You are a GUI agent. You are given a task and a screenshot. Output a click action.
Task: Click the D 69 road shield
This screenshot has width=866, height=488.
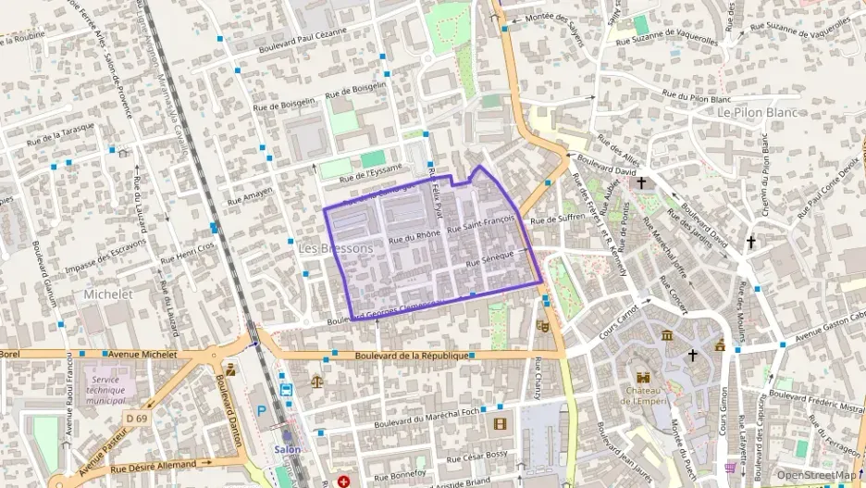(135, 419)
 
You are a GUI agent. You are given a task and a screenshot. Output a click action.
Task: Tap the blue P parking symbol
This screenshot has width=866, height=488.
(262, 410)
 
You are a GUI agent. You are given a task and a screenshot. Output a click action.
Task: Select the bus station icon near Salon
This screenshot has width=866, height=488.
(286, 390)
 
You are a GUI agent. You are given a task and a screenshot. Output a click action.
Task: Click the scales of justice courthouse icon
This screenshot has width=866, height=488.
(317, 380)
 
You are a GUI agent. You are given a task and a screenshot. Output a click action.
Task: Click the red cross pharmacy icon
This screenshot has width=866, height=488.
(343, 482)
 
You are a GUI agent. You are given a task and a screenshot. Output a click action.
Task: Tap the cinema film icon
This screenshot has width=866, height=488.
(501, 424)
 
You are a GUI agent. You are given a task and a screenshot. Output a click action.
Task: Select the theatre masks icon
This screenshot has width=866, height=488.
(543, 326)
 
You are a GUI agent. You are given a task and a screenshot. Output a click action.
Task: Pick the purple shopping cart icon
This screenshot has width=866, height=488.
(730, 468)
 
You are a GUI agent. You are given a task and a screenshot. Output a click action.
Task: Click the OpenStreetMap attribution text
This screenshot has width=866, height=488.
(817, 475)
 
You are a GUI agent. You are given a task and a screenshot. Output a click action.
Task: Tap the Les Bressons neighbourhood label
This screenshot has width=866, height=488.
(336, 249)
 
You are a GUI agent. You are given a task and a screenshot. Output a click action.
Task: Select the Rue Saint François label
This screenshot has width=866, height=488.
(479, 223)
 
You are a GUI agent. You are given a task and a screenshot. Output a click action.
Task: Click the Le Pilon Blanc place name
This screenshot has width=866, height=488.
(761, 111)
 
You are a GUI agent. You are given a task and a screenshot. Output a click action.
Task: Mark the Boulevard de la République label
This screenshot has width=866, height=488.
(406, 356)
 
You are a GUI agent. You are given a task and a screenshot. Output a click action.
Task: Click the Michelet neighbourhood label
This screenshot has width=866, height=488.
(108, 294)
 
